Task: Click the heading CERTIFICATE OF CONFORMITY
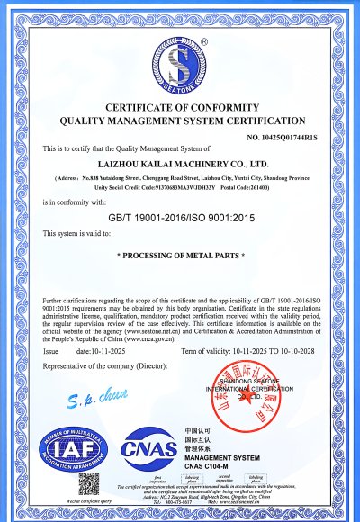(x=181, y=107)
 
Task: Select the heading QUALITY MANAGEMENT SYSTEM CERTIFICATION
(x=181, y=120)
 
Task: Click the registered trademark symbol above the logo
(x=204, y=40)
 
